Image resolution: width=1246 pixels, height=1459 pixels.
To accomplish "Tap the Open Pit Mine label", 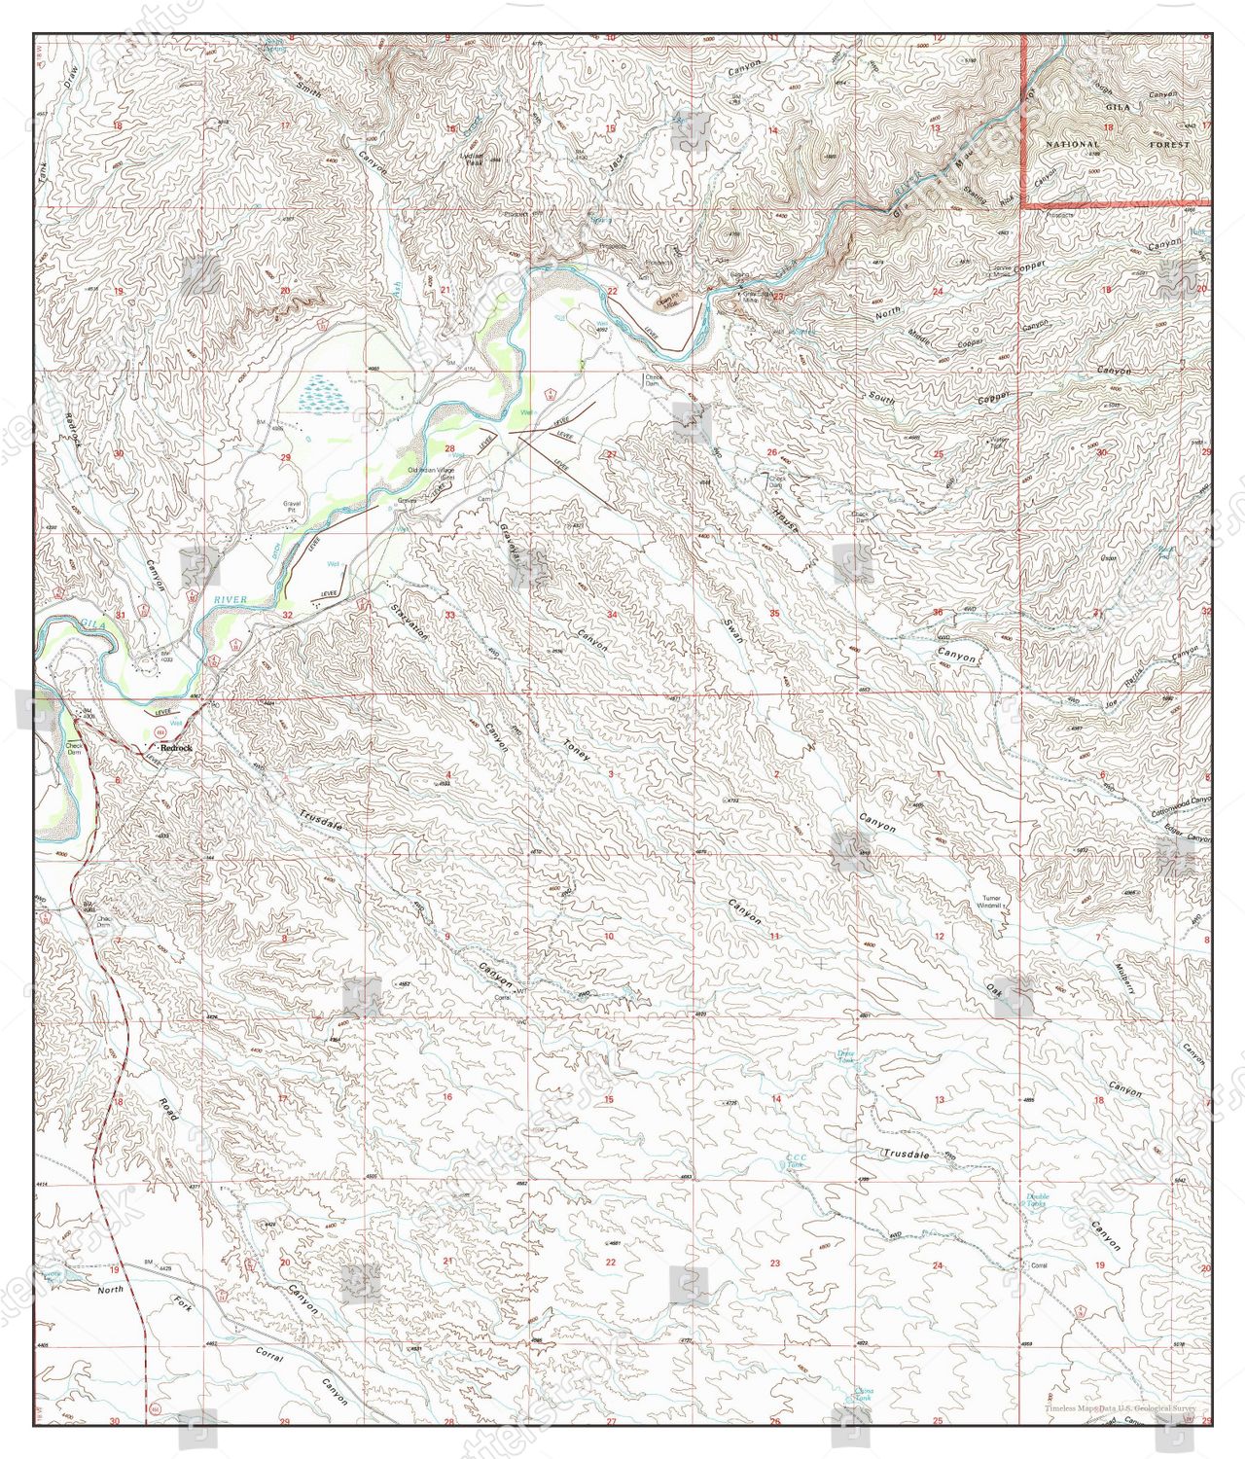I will click(667, 302).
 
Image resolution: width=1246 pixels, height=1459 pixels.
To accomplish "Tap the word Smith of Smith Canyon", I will click(311, 93).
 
